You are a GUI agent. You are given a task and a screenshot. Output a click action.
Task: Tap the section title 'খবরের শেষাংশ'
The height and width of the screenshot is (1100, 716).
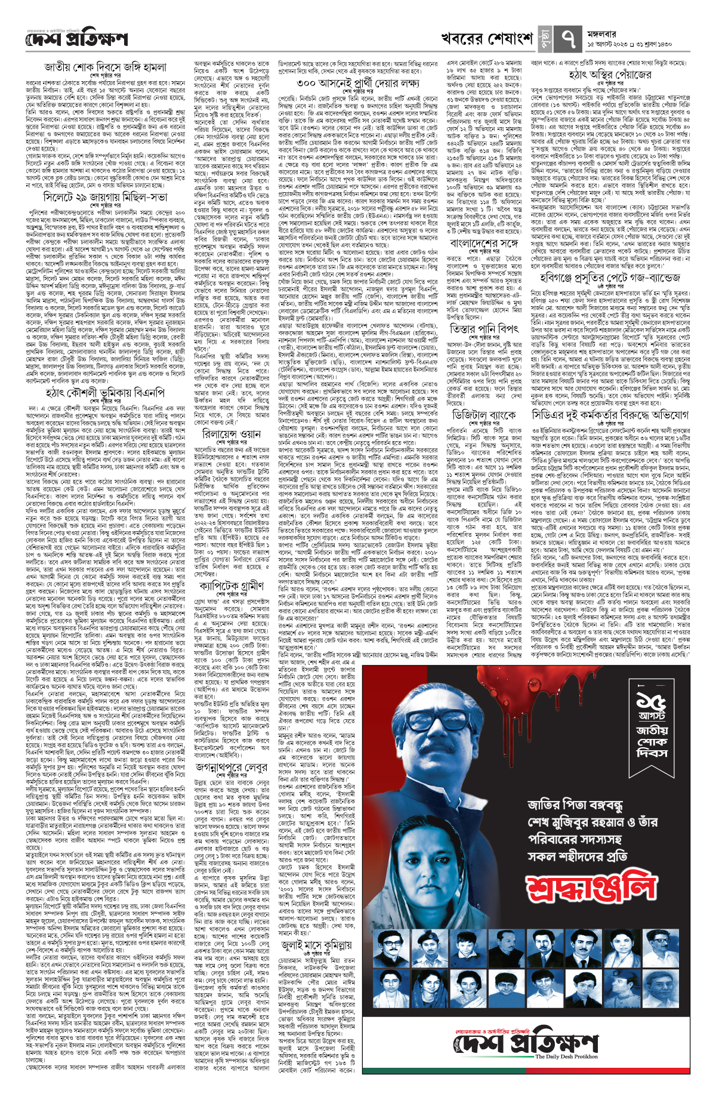tap(487, 39)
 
